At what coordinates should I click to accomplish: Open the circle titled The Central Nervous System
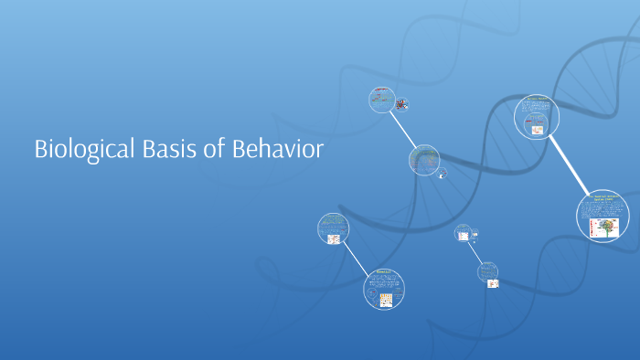603,217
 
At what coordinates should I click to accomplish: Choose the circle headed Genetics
385,288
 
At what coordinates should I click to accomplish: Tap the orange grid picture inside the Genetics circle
386,300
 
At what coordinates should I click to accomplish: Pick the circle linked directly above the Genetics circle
334,228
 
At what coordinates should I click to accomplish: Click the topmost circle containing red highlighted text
381,100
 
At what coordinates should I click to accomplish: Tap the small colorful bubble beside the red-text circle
401,103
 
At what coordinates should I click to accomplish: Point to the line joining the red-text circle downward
402,130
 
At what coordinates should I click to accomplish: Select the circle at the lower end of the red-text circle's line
423,160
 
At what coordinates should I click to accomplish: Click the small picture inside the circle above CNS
538,130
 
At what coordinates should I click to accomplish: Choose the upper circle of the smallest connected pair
463,233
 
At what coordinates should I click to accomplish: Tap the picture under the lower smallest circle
493,283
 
